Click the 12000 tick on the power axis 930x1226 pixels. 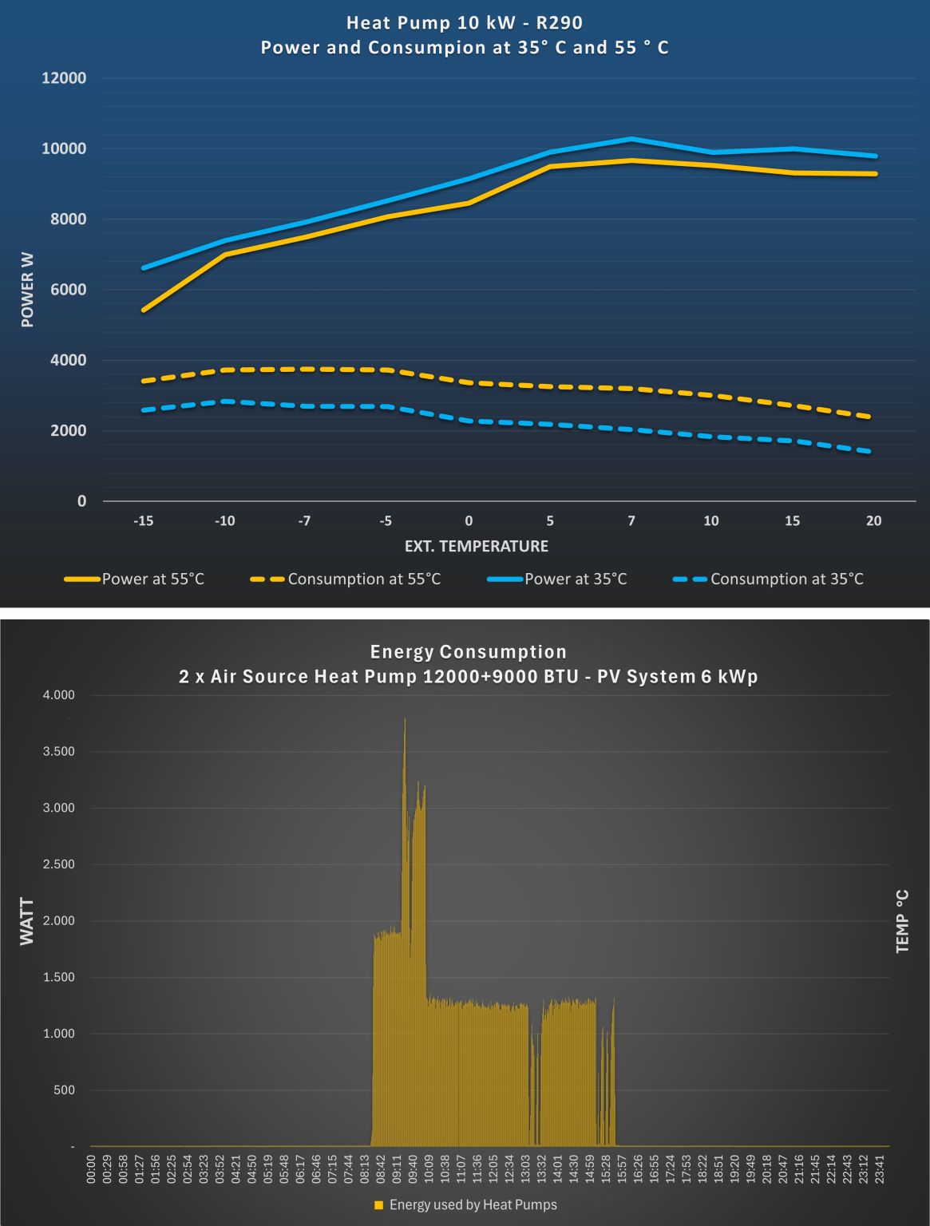pos(64,78)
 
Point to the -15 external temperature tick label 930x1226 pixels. pos(143,521)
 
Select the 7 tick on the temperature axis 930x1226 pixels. pos(631,521)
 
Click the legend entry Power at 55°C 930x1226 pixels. pos(152,579)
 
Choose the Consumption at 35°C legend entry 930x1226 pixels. pos(786,579)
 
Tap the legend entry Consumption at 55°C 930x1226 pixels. pos(364,579)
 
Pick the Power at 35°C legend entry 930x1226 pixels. pos(575,579)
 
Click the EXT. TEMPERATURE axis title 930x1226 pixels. pos(477,547)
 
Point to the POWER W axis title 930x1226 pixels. pos(28,289)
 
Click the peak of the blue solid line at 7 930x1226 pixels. pos(631,139)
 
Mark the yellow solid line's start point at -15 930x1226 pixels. pos(144,310)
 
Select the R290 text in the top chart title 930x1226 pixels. pos(560,23)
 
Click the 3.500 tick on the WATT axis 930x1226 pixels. pos(58,752)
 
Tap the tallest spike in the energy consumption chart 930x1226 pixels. pos(405,719)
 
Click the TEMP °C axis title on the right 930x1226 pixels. pos(903,921)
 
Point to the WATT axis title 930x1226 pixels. pos(28,921)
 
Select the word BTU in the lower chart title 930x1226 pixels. pos(556,677)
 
